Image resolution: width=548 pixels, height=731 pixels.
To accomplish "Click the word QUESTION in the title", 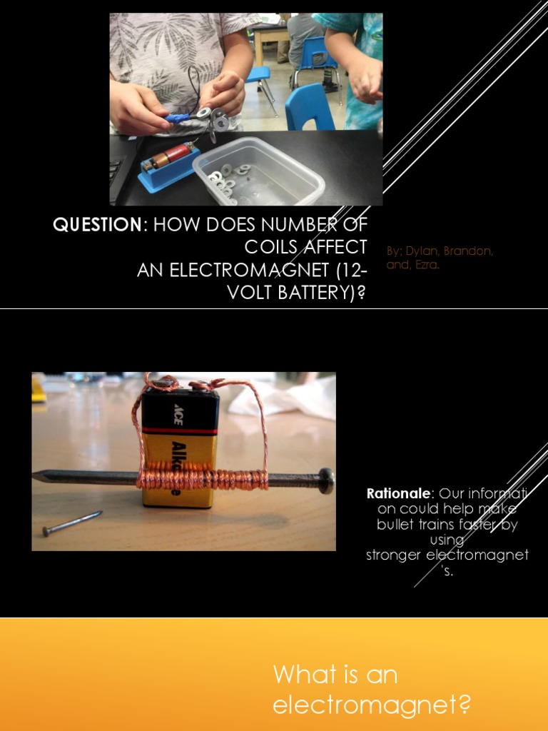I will (97, 226).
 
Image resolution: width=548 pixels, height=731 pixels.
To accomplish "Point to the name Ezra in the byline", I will (426, 265).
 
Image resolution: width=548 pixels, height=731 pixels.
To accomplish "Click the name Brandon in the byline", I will (467, 251).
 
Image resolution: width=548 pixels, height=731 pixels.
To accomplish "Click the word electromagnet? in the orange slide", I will (372, 705).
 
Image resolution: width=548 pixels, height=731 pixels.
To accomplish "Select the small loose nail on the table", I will (71, 523).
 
